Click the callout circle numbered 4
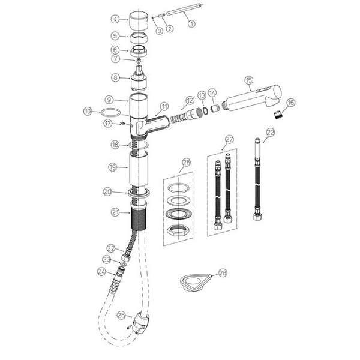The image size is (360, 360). tap(115, 19)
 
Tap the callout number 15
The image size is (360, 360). tap(249, 80)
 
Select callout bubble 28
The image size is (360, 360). tap(223, 273)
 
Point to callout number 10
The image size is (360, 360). tap(88, 112)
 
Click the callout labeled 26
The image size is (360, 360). tap(186, 163)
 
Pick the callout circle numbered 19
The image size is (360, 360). tap(113, 167)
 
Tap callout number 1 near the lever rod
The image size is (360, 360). tap(191, 23)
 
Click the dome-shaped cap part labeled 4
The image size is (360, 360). tap(139, 20)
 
